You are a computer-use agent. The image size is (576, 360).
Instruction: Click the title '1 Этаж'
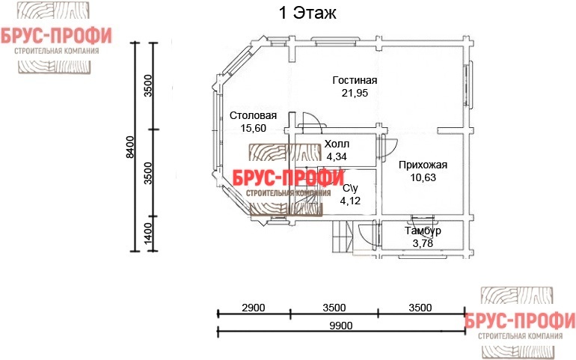point(307,13)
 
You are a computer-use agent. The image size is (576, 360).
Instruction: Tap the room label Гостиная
point(355,80)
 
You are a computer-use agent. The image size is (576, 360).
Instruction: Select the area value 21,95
point(355,93)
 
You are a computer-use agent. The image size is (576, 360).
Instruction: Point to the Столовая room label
point(253,115)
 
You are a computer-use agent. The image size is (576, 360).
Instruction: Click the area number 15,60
point(253,128)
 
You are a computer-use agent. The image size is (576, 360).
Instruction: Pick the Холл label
point(337,144)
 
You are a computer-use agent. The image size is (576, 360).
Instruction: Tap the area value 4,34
point(337,156)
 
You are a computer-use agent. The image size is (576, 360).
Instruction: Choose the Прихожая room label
point(423,165)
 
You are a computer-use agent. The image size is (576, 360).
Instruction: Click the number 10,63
point(423,177)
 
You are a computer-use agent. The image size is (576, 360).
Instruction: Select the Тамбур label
point(423,231)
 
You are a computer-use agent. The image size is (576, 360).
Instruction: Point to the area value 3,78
point(423,243)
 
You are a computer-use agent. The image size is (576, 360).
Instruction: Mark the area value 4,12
point(350,201)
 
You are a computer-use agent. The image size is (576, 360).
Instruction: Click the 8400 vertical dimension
point(130,147)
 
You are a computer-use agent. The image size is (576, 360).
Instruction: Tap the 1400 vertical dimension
point(147,234)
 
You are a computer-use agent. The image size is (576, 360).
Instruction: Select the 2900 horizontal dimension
point(254,308)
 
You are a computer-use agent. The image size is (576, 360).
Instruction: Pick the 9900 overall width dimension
point(341,326)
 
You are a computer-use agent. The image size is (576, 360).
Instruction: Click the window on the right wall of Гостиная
point(470,85)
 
